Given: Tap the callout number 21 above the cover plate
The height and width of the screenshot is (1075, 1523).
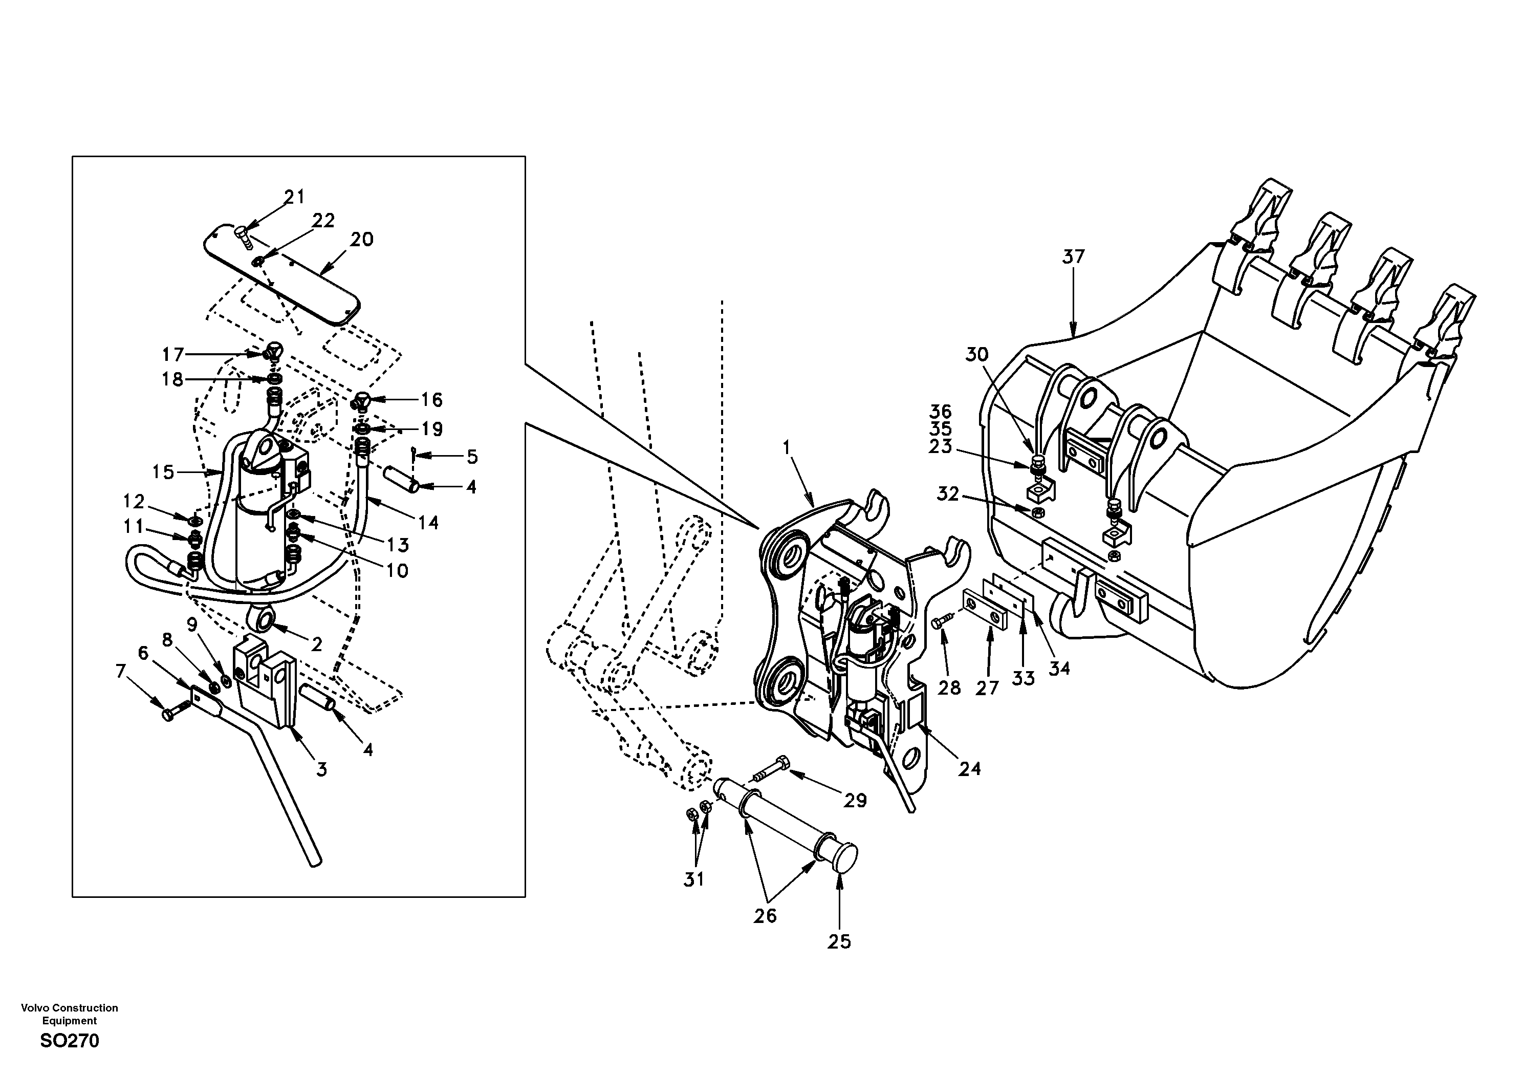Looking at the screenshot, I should [294, 197].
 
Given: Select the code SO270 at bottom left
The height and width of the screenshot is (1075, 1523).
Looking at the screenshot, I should [70, 1041].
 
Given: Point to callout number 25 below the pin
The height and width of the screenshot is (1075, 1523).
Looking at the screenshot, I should [839, 941].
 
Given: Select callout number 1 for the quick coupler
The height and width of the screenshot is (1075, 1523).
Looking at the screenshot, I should [787, 448].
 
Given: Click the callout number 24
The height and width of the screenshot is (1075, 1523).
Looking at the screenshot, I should [969, 768].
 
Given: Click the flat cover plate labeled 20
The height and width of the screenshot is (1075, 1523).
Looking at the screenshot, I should [292, 285].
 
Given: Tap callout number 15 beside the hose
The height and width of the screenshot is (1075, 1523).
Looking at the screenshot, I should [163, 472].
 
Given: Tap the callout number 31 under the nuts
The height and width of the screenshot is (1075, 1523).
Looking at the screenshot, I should [694, 880].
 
